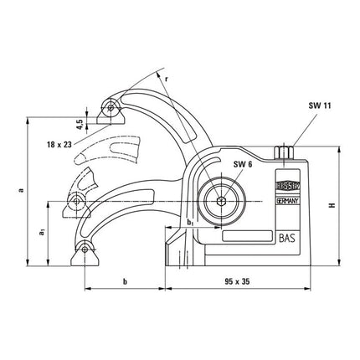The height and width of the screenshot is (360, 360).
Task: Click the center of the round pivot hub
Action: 220,201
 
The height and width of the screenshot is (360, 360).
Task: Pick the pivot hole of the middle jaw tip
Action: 79,200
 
